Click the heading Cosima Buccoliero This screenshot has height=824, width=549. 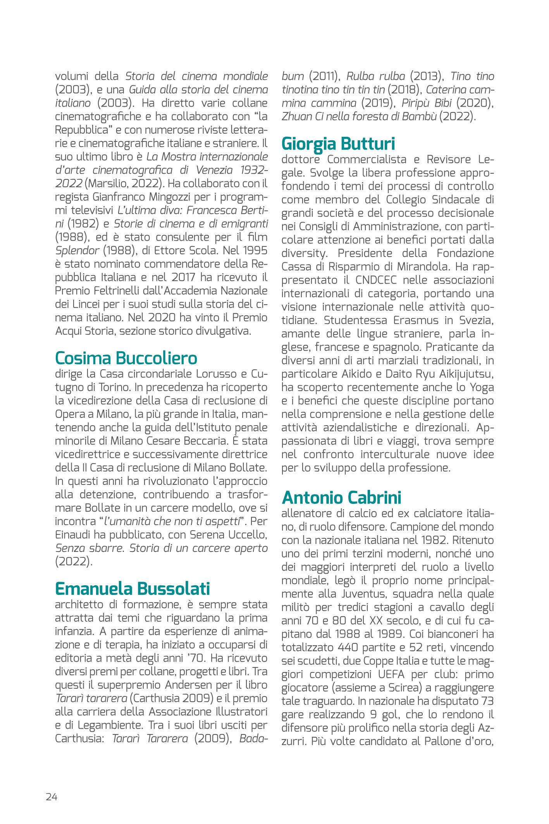126,358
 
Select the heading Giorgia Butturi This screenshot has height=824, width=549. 338,143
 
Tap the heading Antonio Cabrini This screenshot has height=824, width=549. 341,497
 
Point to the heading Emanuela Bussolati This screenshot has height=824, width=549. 132,588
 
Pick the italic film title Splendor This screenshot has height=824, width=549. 77,250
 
